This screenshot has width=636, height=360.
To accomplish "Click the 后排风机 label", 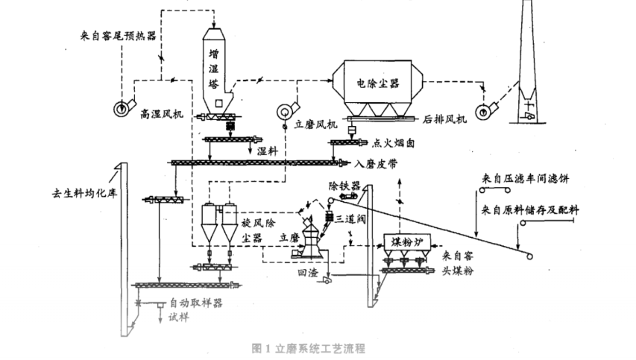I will [444, 118].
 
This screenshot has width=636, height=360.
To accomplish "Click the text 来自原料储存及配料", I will [531, 208].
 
